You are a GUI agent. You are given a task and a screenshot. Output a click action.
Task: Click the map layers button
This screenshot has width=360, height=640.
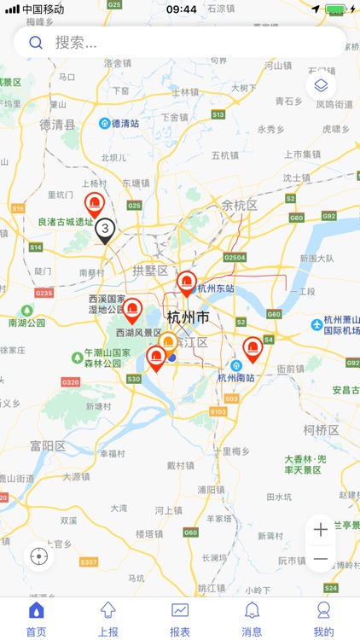pos(321,85)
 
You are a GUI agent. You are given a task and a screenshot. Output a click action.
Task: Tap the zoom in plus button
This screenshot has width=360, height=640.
pos(321,529)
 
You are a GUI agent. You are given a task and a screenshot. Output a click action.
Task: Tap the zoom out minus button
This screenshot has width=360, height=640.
pos(321,559)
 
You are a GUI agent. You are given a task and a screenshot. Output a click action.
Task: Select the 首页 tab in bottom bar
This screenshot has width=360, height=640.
pos(36,618)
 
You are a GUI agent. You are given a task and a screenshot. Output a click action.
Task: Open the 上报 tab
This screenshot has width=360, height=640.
pos(108,618)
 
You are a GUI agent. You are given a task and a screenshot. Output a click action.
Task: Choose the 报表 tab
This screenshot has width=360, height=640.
pos(180,618)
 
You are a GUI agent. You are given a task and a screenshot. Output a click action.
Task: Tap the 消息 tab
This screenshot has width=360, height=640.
pos(252,618)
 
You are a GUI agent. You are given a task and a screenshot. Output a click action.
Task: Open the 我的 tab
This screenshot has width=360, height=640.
pos(323,618)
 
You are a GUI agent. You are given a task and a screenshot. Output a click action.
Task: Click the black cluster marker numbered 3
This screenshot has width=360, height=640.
pos(105,230)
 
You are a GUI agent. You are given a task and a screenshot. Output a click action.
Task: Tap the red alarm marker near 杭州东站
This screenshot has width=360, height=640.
pos(186,282)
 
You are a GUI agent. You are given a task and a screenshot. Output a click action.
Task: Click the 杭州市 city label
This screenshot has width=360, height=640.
pos(189,317)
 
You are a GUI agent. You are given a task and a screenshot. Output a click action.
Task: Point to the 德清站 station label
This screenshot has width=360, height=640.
pos(125,123)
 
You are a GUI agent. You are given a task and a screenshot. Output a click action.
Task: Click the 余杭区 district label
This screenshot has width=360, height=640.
pos(239,205)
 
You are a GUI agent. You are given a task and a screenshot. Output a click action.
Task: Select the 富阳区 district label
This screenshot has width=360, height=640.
pos(48,446)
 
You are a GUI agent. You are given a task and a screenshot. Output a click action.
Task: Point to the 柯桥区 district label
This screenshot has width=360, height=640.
pos(321,429)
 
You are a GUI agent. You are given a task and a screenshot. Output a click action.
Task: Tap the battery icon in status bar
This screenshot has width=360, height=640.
pos(335,9)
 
